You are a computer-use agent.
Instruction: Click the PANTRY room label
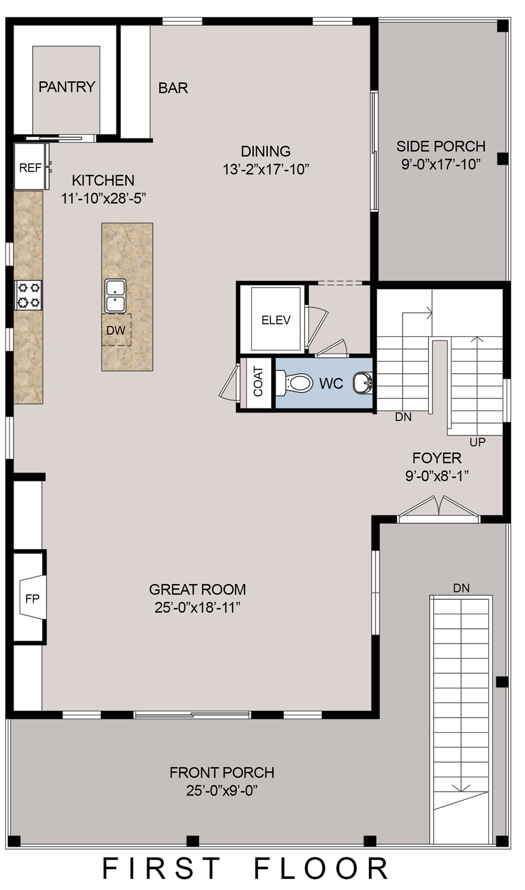click(67, 87)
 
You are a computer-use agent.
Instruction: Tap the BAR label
click(173, 88)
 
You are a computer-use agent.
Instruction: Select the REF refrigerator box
click(29, 167)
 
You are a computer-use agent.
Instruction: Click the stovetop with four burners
click(29, 295)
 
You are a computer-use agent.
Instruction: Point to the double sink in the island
click(115, 295)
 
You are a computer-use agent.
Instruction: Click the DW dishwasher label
click(115, 330)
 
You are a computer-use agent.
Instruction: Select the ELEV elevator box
click(276, 320)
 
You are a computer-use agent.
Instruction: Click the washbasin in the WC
click(362, 383)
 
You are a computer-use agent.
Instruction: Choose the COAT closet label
click(258, 382)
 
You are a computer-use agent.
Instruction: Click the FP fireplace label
click(32, 599)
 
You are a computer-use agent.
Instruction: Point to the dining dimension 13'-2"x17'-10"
click(266, 169)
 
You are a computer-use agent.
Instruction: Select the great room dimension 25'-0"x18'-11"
click(197, 608)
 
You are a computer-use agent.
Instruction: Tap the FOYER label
click(437, 458)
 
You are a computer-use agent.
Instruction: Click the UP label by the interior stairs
click(477, 442)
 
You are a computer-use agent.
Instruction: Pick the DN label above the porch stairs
click(461, 588)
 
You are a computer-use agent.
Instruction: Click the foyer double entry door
click(439, 510)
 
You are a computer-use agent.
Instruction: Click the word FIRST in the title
click(161, 868)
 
